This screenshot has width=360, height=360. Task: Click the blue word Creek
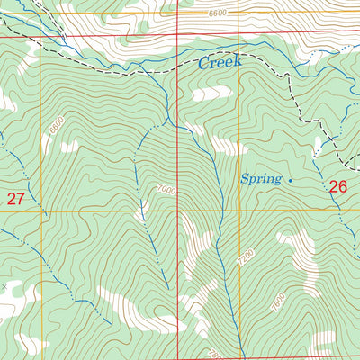tap(220, 64)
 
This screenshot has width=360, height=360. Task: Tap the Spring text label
tap(261, 179)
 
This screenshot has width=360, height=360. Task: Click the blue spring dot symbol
tap(290, 180)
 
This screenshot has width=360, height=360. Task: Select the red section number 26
tap(337, 187)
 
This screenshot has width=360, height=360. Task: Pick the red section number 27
tap(15, 199)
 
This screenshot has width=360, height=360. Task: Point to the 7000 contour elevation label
tap(166, 190)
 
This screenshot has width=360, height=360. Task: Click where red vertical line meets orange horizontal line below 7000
tap(178, 211)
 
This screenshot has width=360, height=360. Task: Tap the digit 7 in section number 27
tap(20, 199)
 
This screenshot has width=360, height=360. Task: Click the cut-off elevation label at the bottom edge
tap(213, 355)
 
